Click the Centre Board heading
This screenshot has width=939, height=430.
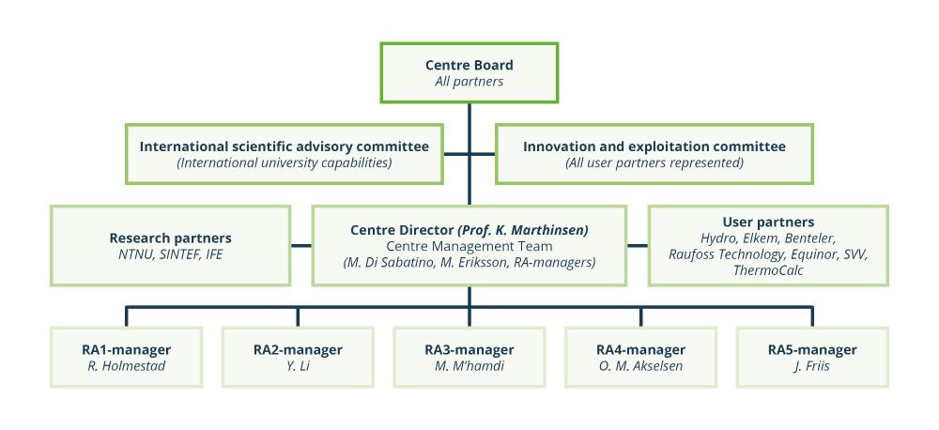click(469, 65)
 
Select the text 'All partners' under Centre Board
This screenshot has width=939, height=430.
click(469, 82)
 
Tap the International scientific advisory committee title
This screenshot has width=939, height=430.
click(285, 146)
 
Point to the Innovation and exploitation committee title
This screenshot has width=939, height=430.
click(654, 146)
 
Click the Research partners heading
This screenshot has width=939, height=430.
click(170, 238)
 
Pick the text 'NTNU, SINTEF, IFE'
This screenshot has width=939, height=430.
click(170, 254)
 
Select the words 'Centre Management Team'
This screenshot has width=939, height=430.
click(469, 246)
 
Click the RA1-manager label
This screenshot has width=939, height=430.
click(126, 349)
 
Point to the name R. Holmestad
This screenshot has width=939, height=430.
click(126, 366)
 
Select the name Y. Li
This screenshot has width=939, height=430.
click(298, 366)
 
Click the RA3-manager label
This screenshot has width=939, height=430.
click(469, 349)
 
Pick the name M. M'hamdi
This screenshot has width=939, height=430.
click(469, 366)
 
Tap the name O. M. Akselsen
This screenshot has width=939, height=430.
click(640, 366)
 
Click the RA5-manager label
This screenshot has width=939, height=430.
click(812, 349)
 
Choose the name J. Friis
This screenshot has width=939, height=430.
click(812, 366)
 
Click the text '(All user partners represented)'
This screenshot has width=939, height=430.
click(654, 163)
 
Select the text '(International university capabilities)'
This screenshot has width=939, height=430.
click(285, 163)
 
